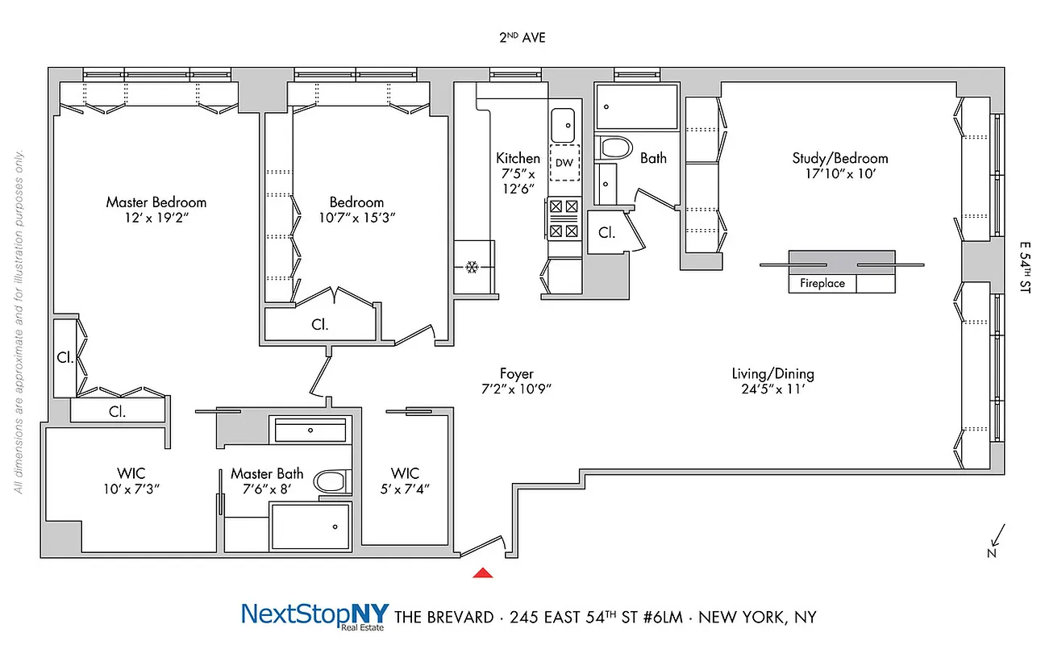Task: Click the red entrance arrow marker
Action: (x=482, y=573)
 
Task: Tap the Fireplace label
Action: (x=822, y=283)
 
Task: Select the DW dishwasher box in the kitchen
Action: (x=564, y=163)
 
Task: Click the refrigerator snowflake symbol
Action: (x=473, y=267)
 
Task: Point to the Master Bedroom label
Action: (x=156, y=202)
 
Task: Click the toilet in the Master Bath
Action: (x=331, y=482)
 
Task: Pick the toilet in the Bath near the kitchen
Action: (x=616, y=148)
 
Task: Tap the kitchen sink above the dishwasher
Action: (x=564, y=124)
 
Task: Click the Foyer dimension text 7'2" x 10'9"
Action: (x=516, y=389)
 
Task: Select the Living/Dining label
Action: (x=772, y=373)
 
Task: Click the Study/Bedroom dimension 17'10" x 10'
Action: (x=839, y=173)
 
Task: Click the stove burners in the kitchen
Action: (x=564, y=218)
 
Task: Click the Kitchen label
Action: (x=518, y=158)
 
